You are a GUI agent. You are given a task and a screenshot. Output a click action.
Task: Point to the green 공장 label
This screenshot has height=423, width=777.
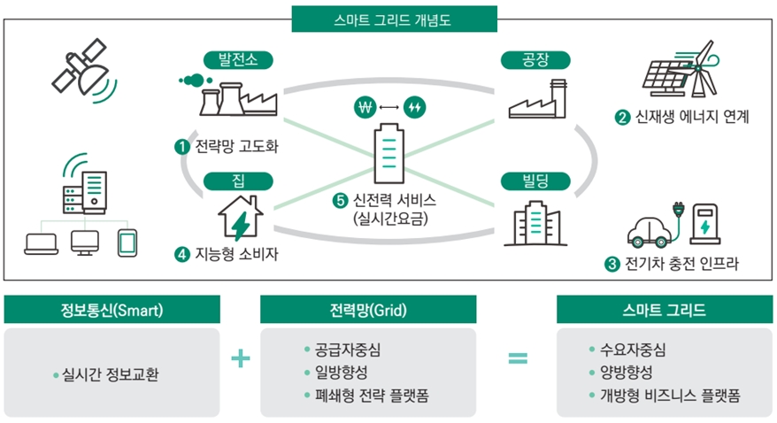pos(536,60)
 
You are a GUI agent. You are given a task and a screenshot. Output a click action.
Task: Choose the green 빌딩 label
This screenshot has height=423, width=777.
pos(536,181)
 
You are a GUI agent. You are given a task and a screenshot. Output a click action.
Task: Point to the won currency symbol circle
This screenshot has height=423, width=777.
pos(364,108)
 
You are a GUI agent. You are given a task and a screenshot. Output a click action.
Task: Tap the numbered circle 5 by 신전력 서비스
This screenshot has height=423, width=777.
pos(339,201)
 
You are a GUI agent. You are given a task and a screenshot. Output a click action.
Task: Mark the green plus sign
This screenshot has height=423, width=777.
pos(240,358)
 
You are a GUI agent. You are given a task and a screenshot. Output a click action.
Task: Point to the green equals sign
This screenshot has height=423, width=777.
pos(518,358)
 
